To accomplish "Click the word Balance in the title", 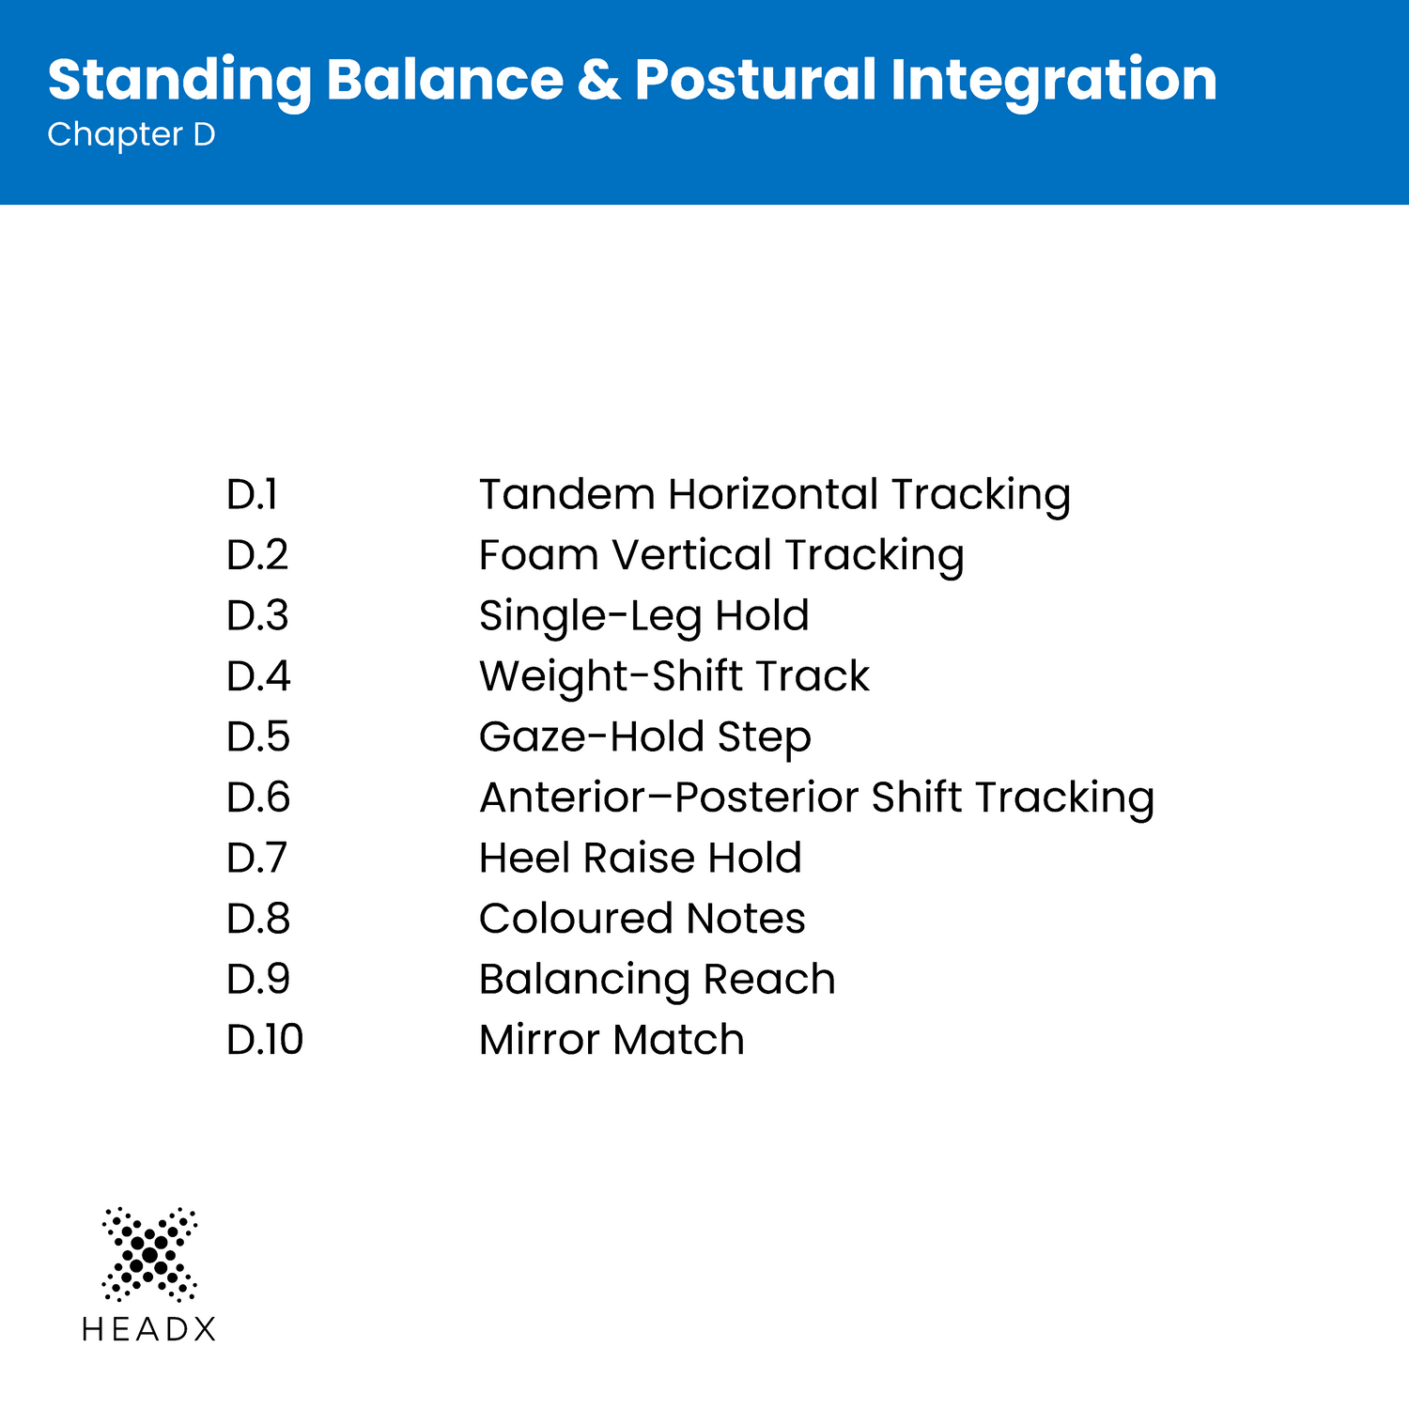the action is tap(444, 79).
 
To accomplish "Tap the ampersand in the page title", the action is tap(599, 79).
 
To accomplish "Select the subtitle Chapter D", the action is tap(132, 135).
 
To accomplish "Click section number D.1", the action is tap(252, 494).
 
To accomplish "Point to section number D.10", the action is tap(265, 1040).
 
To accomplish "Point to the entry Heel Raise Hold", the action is tap(641, 859).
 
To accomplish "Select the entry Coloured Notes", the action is tap(643, 919).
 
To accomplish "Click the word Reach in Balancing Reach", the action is tap(769, 979).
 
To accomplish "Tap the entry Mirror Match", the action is tap(612, 1040).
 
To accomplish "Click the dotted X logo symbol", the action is tap(149, 1254).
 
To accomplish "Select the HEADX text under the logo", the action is tap(149, 1329).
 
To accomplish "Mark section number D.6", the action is tap(258, 797).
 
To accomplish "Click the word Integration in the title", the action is tap(1054, 81).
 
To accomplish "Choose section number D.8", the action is tap(258, 919).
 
